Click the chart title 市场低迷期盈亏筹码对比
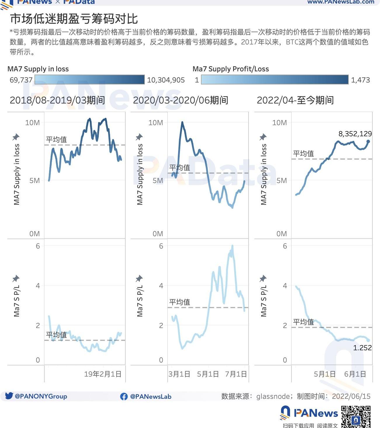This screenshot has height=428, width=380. point(74,19)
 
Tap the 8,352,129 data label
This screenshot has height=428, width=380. point(355,134)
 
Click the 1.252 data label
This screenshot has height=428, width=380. point(362,348)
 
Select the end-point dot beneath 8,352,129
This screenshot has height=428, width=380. point(368,141)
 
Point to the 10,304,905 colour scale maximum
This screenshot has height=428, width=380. point(166,80)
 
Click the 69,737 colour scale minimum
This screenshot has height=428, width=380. point(21,80)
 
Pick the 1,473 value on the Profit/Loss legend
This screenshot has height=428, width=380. point(360,80)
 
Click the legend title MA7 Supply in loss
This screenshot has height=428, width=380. point(38,69)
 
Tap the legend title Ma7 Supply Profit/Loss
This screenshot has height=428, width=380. point(231,69)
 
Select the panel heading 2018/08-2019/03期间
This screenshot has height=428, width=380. point(57,100)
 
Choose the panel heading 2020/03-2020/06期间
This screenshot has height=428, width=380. point(181,100)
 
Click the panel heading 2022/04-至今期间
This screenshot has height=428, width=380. point(295,100)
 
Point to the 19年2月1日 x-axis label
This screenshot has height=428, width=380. point(103,374)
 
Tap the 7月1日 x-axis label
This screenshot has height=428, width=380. point(236,374)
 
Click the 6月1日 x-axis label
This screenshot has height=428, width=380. point(355,374)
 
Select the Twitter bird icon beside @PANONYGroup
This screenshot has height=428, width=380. point(9,396)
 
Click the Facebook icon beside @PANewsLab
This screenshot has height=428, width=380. point(124,396)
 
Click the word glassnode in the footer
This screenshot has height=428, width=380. point(273,396)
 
